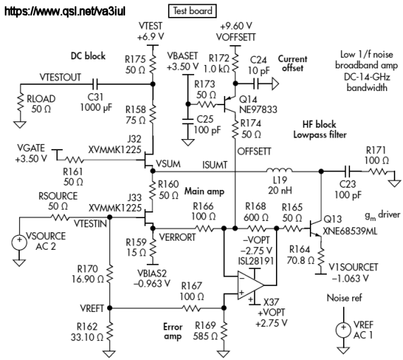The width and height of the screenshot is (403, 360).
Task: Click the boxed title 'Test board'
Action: tap(192, 11)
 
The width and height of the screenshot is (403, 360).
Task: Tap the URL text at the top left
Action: tap(65, 11)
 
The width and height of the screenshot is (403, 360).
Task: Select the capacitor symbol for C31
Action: tap(95, 84)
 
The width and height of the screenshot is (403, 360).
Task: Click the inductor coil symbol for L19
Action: tap(279, 169)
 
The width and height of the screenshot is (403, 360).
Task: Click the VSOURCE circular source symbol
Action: tap(19, 242)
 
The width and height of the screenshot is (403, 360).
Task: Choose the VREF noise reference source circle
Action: tap(344, 330)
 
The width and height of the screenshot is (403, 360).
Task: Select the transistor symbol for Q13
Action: tap(315, 228)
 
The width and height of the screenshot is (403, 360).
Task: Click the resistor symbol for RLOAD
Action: tap(20, 103)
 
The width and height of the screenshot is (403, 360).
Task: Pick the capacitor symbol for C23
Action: tap(348, 171)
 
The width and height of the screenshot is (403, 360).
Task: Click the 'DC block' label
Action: tap(88, 56)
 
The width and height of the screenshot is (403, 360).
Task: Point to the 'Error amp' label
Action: tap(172, 332)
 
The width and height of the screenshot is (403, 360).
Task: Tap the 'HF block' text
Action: tap(319, 124)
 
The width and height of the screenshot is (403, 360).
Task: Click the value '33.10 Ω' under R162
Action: tap(87, 337)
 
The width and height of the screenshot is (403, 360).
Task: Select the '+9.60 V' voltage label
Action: tap(236, 26)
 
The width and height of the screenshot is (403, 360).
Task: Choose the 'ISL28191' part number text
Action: tap(255, 261)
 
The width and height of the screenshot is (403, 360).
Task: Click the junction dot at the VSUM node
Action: tap(152, 171)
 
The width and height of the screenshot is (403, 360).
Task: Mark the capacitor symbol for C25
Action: tap(188, 121)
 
